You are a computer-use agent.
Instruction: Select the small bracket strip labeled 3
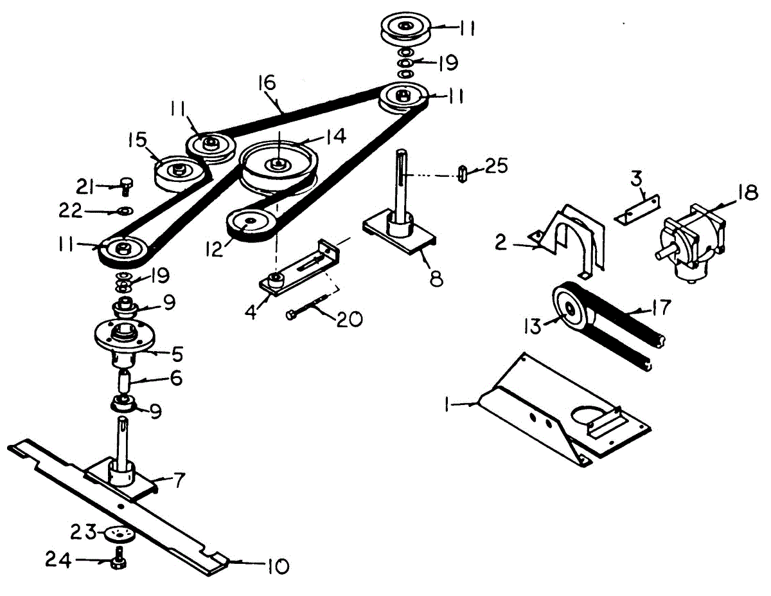point(637,210)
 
